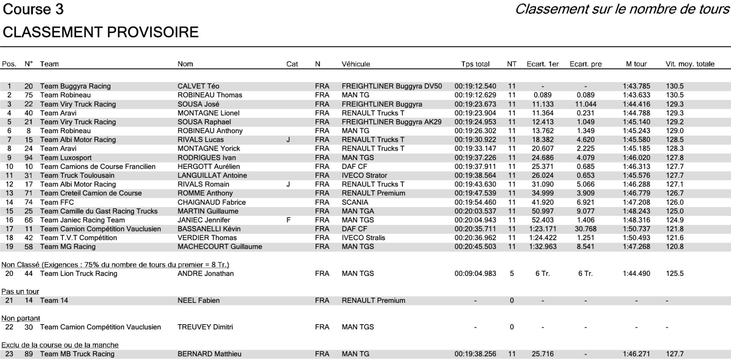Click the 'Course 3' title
pos(33,10)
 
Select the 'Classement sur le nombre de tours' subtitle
pos(622,9)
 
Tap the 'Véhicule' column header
pos(356,64)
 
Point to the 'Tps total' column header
pos(475,64)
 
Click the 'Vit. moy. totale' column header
pos(690,64)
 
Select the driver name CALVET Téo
pos(198,86)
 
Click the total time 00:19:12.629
pos(475,95)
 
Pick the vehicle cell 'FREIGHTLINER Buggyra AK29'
pos(391,122)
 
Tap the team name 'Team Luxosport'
pos(65,158)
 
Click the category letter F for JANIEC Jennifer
pos(288,220)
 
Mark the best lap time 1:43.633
pos(636,95)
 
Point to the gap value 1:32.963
pos(543,247)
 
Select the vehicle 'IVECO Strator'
pos(364,176)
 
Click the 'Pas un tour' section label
pos(20,292)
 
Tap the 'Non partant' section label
pos(21,319)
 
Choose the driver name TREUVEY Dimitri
pos(205,327)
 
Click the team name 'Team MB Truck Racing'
pos(77,354)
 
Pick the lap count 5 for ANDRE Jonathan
pos(512,274)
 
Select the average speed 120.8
pos(675,247)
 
